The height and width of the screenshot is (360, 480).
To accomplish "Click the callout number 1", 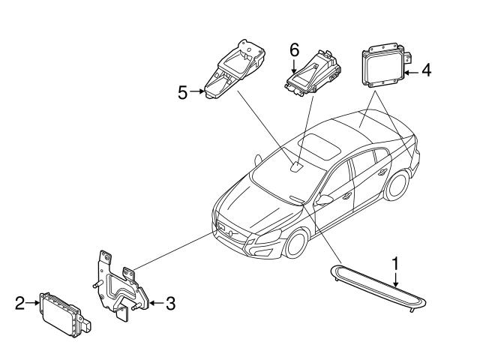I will click(395, 263).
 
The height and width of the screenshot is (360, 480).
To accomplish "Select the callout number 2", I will click(20, 303).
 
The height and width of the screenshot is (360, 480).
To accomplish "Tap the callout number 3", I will click(170, 304).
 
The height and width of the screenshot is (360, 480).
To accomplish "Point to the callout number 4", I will click(426, 70).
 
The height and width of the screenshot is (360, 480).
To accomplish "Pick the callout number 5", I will click(182, 92).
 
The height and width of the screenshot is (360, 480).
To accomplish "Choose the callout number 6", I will click(294, 49).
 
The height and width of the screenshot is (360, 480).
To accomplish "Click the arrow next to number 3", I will click(154, 304).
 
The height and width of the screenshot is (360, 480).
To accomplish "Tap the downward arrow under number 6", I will click(294, 64).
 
